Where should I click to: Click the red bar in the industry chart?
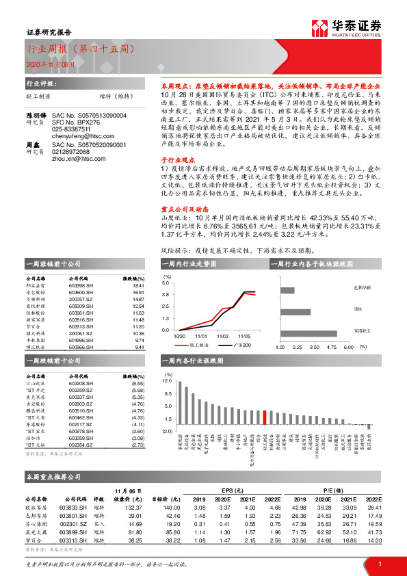pyautogui.click(x=265, y=419)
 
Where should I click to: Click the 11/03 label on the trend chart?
pyautogui.click(x=224, y=336)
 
